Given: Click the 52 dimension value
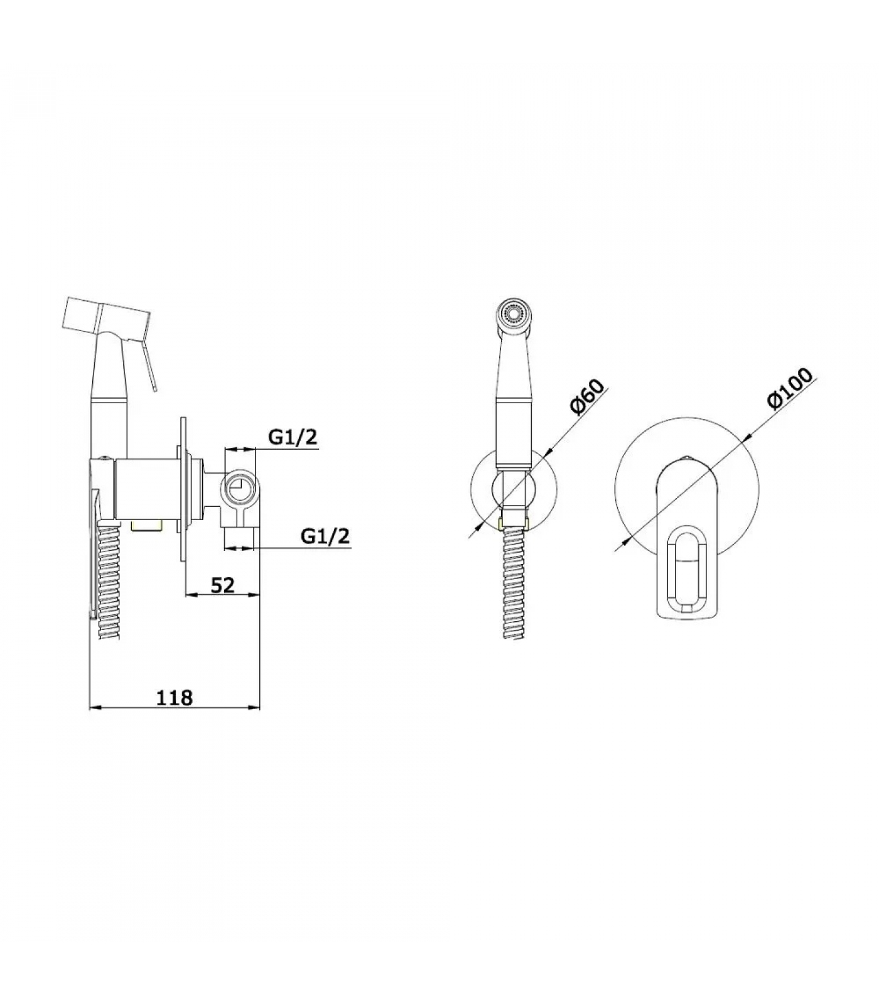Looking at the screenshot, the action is click(x=222, y=585).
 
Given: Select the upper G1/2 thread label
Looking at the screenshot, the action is click(x=293, y=437).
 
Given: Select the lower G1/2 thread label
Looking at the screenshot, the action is click(x=325, y=536).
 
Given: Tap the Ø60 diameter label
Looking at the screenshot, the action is click(x=586, y=397).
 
